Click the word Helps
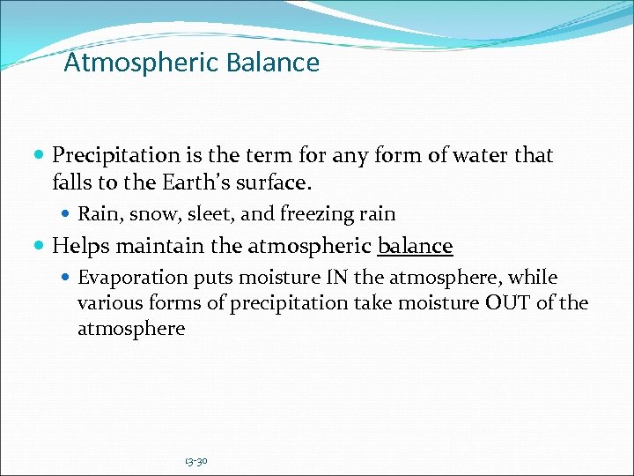[x=81, y=246]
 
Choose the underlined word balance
[x=415, y=246]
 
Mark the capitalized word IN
[x=338, y=278]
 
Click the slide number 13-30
[x=195, y=461]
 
